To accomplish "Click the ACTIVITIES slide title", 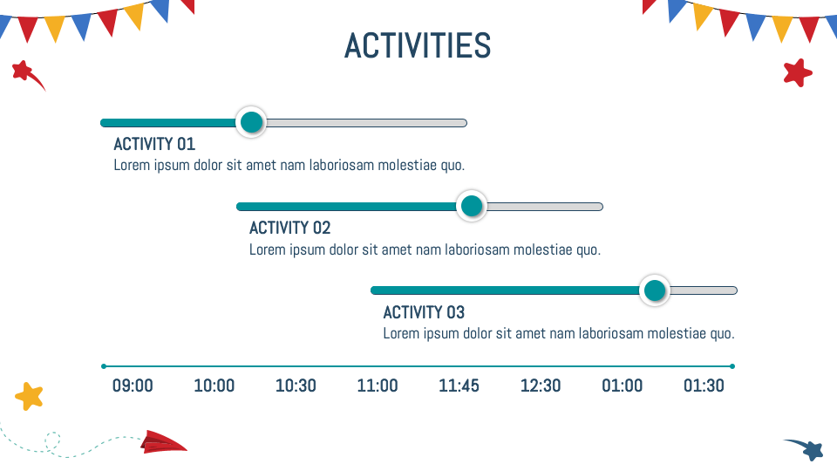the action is (418, 45).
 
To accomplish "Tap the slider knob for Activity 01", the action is (251, 122).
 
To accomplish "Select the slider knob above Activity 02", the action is (472, 206).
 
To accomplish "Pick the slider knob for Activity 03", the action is (655, 290).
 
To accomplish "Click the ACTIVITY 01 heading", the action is (154, 144).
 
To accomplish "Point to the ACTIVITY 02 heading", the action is (289, 228).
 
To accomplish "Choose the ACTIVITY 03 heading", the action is (424, 312).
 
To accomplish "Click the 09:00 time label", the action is (133, 386).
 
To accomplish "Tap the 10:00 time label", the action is (214, 386).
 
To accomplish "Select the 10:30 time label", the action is (296, 386).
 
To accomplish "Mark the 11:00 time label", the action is (378, 386).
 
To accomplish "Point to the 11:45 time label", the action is (459, 386).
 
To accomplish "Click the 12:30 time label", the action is (541, 386).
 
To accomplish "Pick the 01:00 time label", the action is (623, 386).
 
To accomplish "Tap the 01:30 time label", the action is (704, 386).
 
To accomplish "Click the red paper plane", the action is (163, 443).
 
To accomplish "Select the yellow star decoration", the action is (30, 396).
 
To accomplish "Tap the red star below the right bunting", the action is (798, 72).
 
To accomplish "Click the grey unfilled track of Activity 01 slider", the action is (366, 123).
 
